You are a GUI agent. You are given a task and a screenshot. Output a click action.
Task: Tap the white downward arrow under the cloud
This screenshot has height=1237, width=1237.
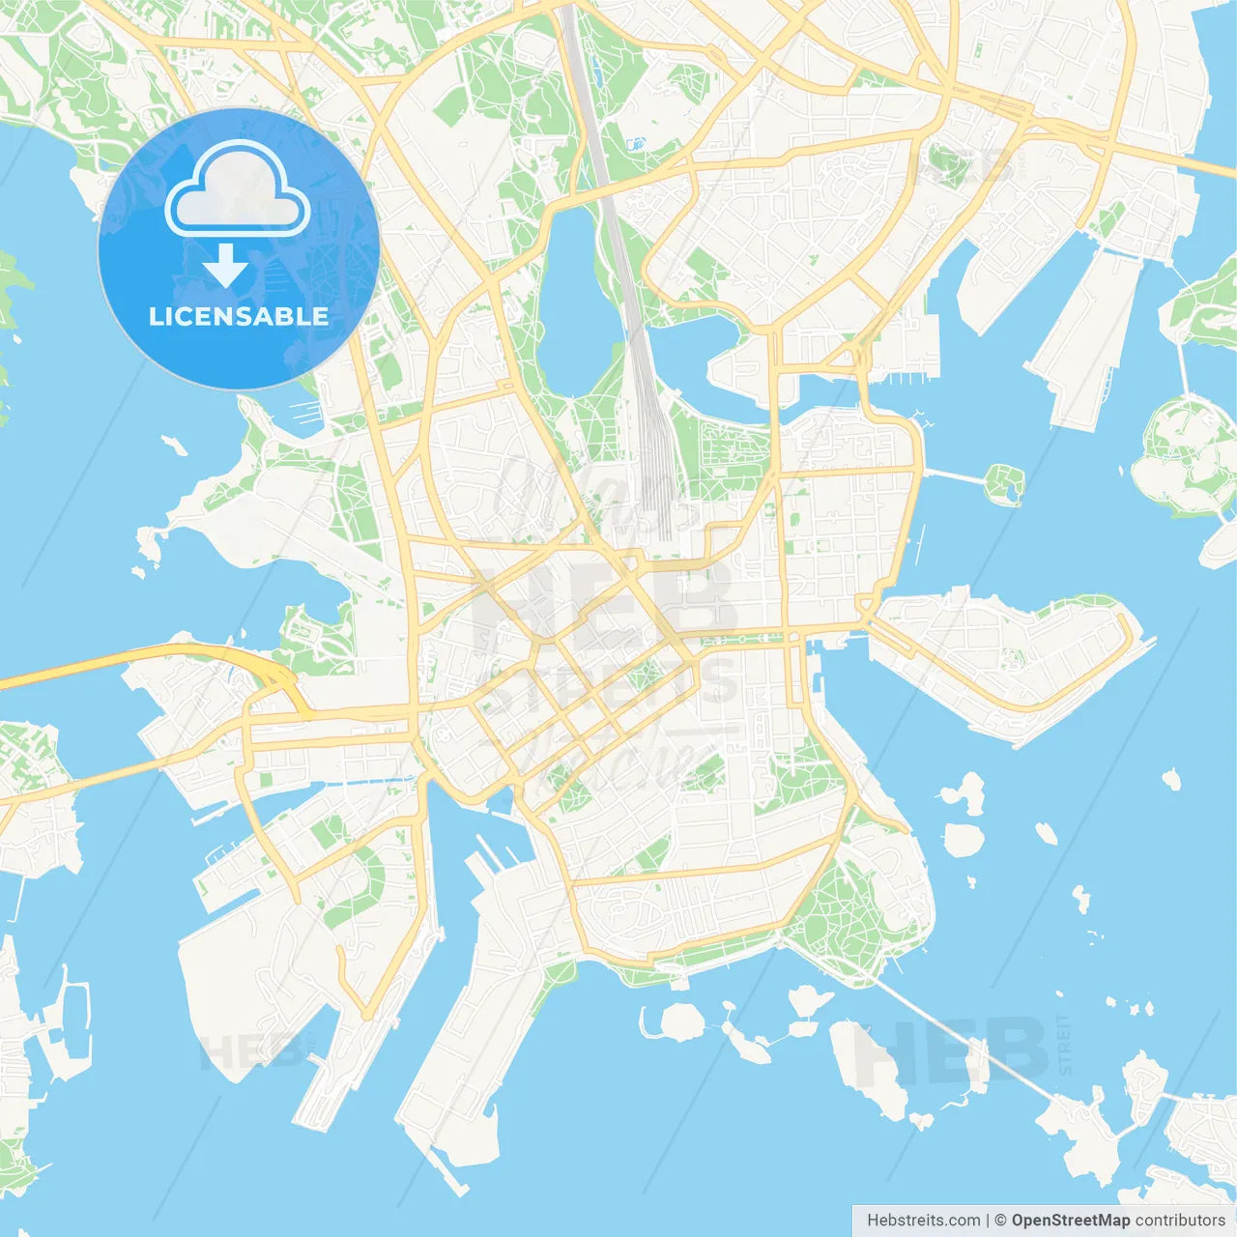(x=225, y=267)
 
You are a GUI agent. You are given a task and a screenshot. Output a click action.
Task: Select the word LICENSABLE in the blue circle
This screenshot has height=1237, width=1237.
(x=239, y=316)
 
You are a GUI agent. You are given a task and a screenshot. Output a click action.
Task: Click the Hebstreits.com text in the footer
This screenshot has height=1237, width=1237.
(x=923, y=1221)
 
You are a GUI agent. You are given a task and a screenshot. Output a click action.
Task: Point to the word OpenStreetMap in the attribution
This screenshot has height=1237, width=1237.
(x=1070, y=1221)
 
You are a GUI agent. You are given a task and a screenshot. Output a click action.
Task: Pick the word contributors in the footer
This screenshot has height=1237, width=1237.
(x=1179, y=1221)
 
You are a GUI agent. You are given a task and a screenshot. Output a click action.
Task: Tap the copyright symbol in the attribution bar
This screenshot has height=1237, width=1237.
(x=1000, y=1221)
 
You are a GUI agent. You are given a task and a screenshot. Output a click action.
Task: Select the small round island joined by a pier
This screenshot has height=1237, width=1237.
(x=1005, y=482)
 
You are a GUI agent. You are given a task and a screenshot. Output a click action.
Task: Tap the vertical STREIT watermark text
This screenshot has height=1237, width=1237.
(x=1064, y=1044)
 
